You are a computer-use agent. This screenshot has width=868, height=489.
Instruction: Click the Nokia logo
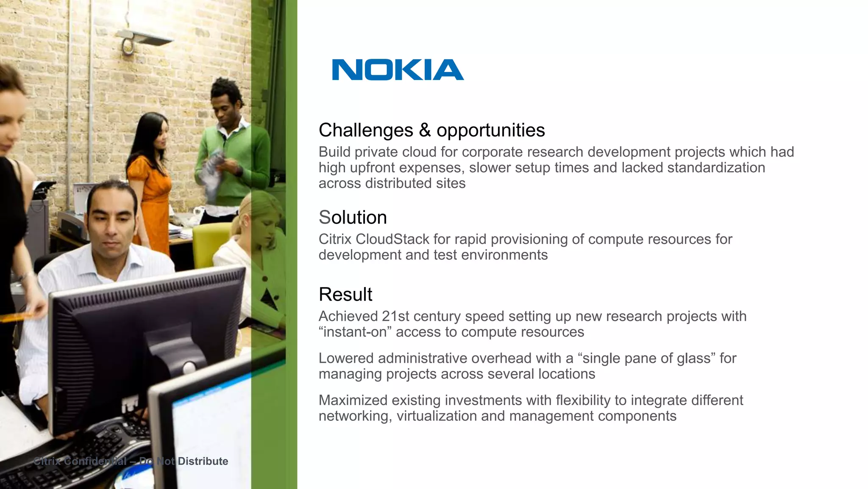pyautogui.click(x=398, y=70)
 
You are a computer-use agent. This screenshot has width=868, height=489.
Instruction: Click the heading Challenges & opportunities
pyautogui.click(x=431, y=130)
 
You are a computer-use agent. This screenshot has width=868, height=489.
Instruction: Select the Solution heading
pyautogui.click(x=353, y=217)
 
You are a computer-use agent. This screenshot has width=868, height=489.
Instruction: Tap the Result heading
pyautogui.click(x=345, y=294)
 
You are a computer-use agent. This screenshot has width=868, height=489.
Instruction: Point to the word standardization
pyautogui.click(x=716, y=168)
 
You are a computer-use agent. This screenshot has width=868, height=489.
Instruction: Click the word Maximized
pyautogui.click(x=353, y=400)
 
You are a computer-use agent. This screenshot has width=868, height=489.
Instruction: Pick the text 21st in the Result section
pyautogui.click(x=395, y=316)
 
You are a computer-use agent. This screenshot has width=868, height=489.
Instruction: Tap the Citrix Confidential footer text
pyautogui.click(x=131, y=461)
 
